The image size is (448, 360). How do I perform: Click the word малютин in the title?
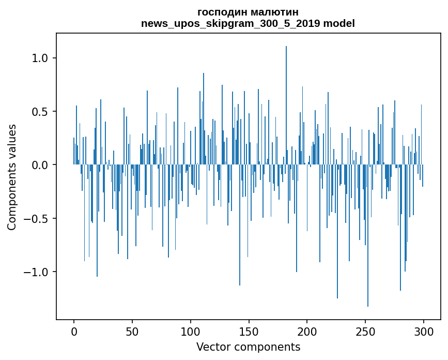pos(274,12)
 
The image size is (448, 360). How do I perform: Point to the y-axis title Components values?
pos(12,177)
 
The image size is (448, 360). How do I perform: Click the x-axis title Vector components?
pos(248,347)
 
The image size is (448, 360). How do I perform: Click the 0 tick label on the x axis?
pos(74,331)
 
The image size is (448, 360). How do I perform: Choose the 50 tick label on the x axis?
pos(132,331)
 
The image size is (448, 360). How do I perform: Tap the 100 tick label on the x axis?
pos(191,331)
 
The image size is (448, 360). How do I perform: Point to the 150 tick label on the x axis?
pos(249,331)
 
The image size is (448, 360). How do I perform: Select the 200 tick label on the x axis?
pos(307,331)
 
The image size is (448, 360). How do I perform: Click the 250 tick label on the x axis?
pos(365,331)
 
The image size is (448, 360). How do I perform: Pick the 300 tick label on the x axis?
pos(424,331)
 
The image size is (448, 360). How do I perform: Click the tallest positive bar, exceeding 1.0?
pos(286,103)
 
